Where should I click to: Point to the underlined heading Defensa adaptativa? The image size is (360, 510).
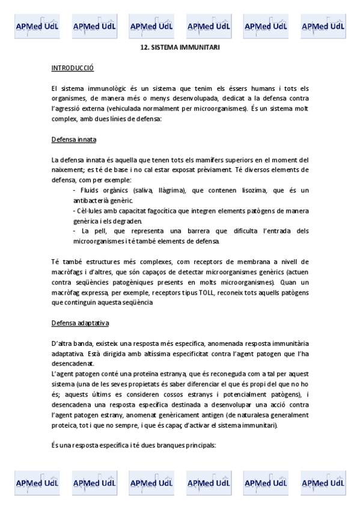tap(80, 324)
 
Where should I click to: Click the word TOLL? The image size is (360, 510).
tap(206, 292)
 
